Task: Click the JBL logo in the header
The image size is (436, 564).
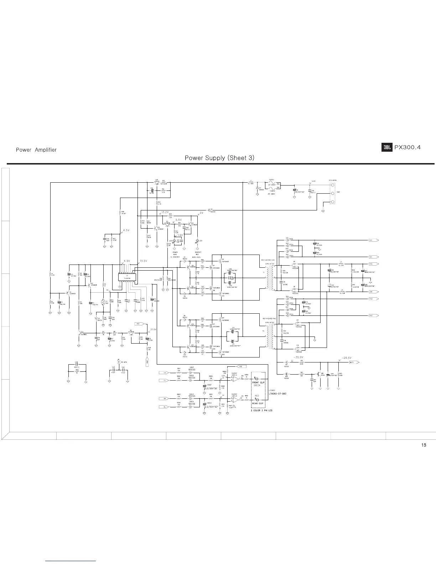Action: (x=387, y=147)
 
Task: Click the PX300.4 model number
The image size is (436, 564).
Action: (x=407, y=147)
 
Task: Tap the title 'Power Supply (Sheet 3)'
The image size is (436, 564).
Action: (x=219, y=158)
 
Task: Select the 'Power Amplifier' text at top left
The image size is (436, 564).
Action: (x=36, y=150)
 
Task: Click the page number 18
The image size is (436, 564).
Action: (x=424, y=445)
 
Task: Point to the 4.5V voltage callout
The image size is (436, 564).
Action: (x=126, y=230)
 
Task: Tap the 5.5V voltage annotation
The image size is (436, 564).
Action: (x=178, y=220)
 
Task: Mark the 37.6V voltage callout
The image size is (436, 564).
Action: (x=154, y=329)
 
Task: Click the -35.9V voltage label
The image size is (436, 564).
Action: (x=298, y=357)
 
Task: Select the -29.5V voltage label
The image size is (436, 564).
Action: (x=346, y=358)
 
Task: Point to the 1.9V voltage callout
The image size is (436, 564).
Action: (x=180, y=235)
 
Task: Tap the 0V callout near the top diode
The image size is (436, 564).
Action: (x=201, y=213)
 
